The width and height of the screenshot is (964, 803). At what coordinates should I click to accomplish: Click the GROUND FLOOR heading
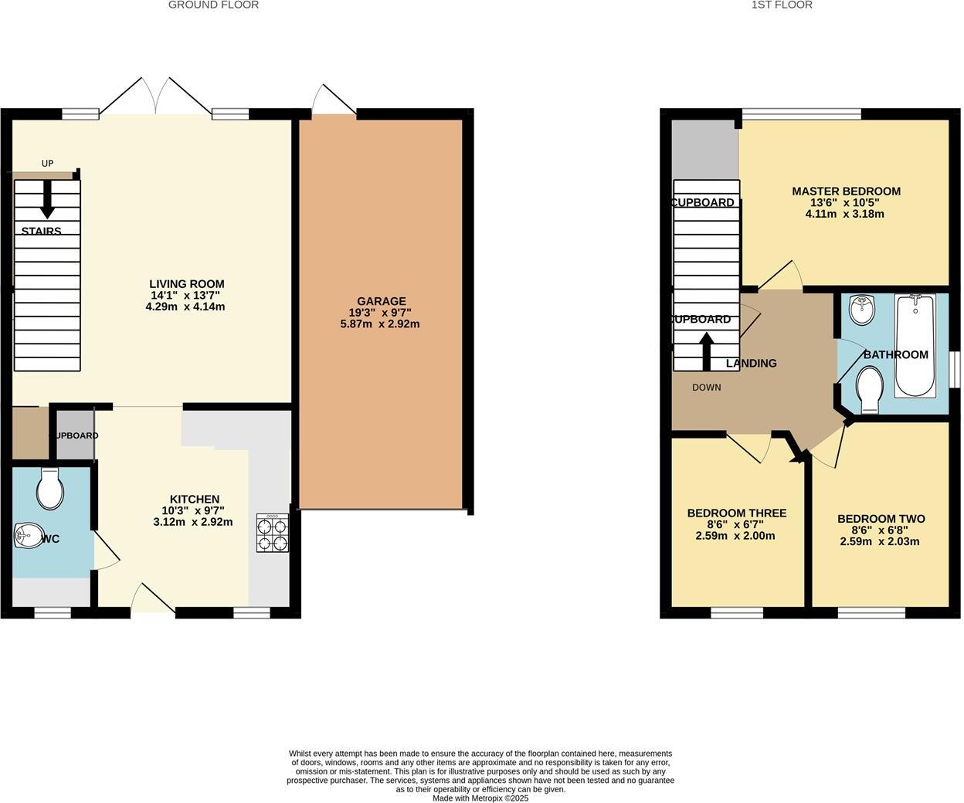tap(213, 5)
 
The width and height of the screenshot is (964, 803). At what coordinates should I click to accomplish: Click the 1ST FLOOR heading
tap(782, 5)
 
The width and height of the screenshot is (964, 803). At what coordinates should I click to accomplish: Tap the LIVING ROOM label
tap(187, 284)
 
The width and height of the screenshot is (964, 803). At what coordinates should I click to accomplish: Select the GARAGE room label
tap(381, 301)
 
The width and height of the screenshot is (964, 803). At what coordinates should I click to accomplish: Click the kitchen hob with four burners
tap(273, 533)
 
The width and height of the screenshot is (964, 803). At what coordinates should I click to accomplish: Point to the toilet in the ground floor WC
tap(50, 489)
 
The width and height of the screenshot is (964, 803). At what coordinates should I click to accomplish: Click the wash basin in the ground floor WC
tap(29, 535)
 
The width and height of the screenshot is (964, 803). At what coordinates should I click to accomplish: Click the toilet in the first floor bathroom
tap(870, 388)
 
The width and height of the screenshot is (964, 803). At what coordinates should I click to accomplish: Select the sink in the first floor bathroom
tap(860, 310)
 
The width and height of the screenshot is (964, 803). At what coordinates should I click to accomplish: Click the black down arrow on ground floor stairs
tap(47, 199)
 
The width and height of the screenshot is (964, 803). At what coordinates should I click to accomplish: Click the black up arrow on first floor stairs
tap(707, 351)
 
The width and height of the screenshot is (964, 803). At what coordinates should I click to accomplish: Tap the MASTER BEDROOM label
tap(846, 191)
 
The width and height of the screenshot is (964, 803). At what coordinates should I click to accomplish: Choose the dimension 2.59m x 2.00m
tap(735, 536)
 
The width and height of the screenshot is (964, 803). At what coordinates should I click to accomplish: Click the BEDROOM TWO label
tap(881, 519)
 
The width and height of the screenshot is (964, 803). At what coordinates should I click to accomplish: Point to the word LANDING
tap(751, 363)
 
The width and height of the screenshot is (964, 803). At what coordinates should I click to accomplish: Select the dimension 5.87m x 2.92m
tap(380, 324)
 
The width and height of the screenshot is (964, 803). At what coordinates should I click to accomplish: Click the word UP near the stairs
tap(47, 164)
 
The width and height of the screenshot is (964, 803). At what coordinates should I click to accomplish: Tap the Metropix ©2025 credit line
tap(480, 798)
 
